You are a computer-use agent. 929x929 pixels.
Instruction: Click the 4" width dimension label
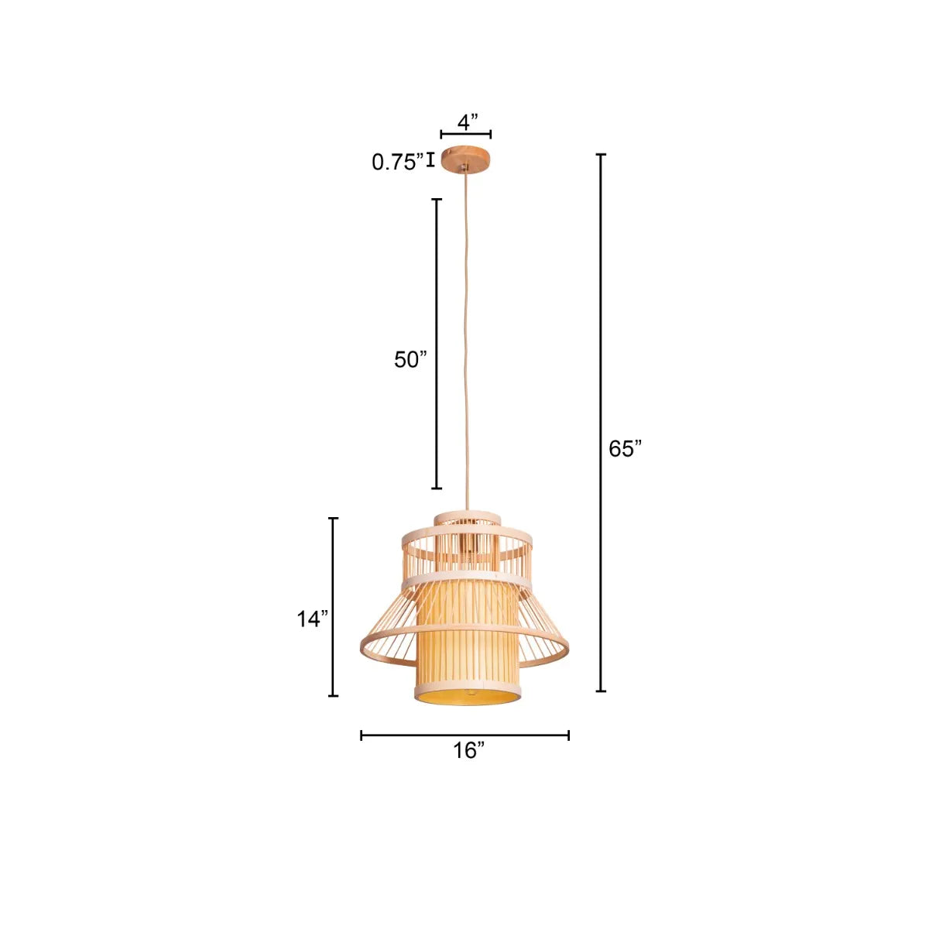(x=468, y=122)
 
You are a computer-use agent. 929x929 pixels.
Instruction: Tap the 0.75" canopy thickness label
(x=397, y=162)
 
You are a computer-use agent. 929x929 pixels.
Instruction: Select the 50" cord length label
(x=410, y=359)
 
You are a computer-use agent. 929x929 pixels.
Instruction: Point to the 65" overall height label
(x=625, y=449)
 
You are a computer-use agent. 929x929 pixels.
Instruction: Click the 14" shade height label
(x=313, y=619)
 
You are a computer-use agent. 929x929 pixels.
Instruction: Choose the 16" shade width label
(x=469, y=750)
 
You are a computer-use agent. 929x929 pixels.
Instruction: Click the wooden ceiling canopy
(x=466, y=159)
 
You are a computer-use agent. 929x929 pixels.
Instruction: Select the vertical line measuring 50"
(x=437, y=344)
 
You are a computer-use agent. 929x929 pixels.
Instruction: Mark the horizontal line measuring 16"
(x=464, y=735)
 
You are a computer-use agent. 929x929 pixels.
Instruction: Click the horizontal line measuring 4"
(x=466, y=135)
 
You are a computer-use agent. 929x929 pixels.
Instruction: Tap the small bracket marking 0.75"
(x=430, y=160)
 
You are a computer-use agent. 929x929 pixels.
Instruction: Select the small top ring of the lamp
(x=467, y=516)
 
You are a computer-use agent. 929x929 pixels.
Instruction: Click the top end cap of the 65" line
(x=601, y=155)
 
